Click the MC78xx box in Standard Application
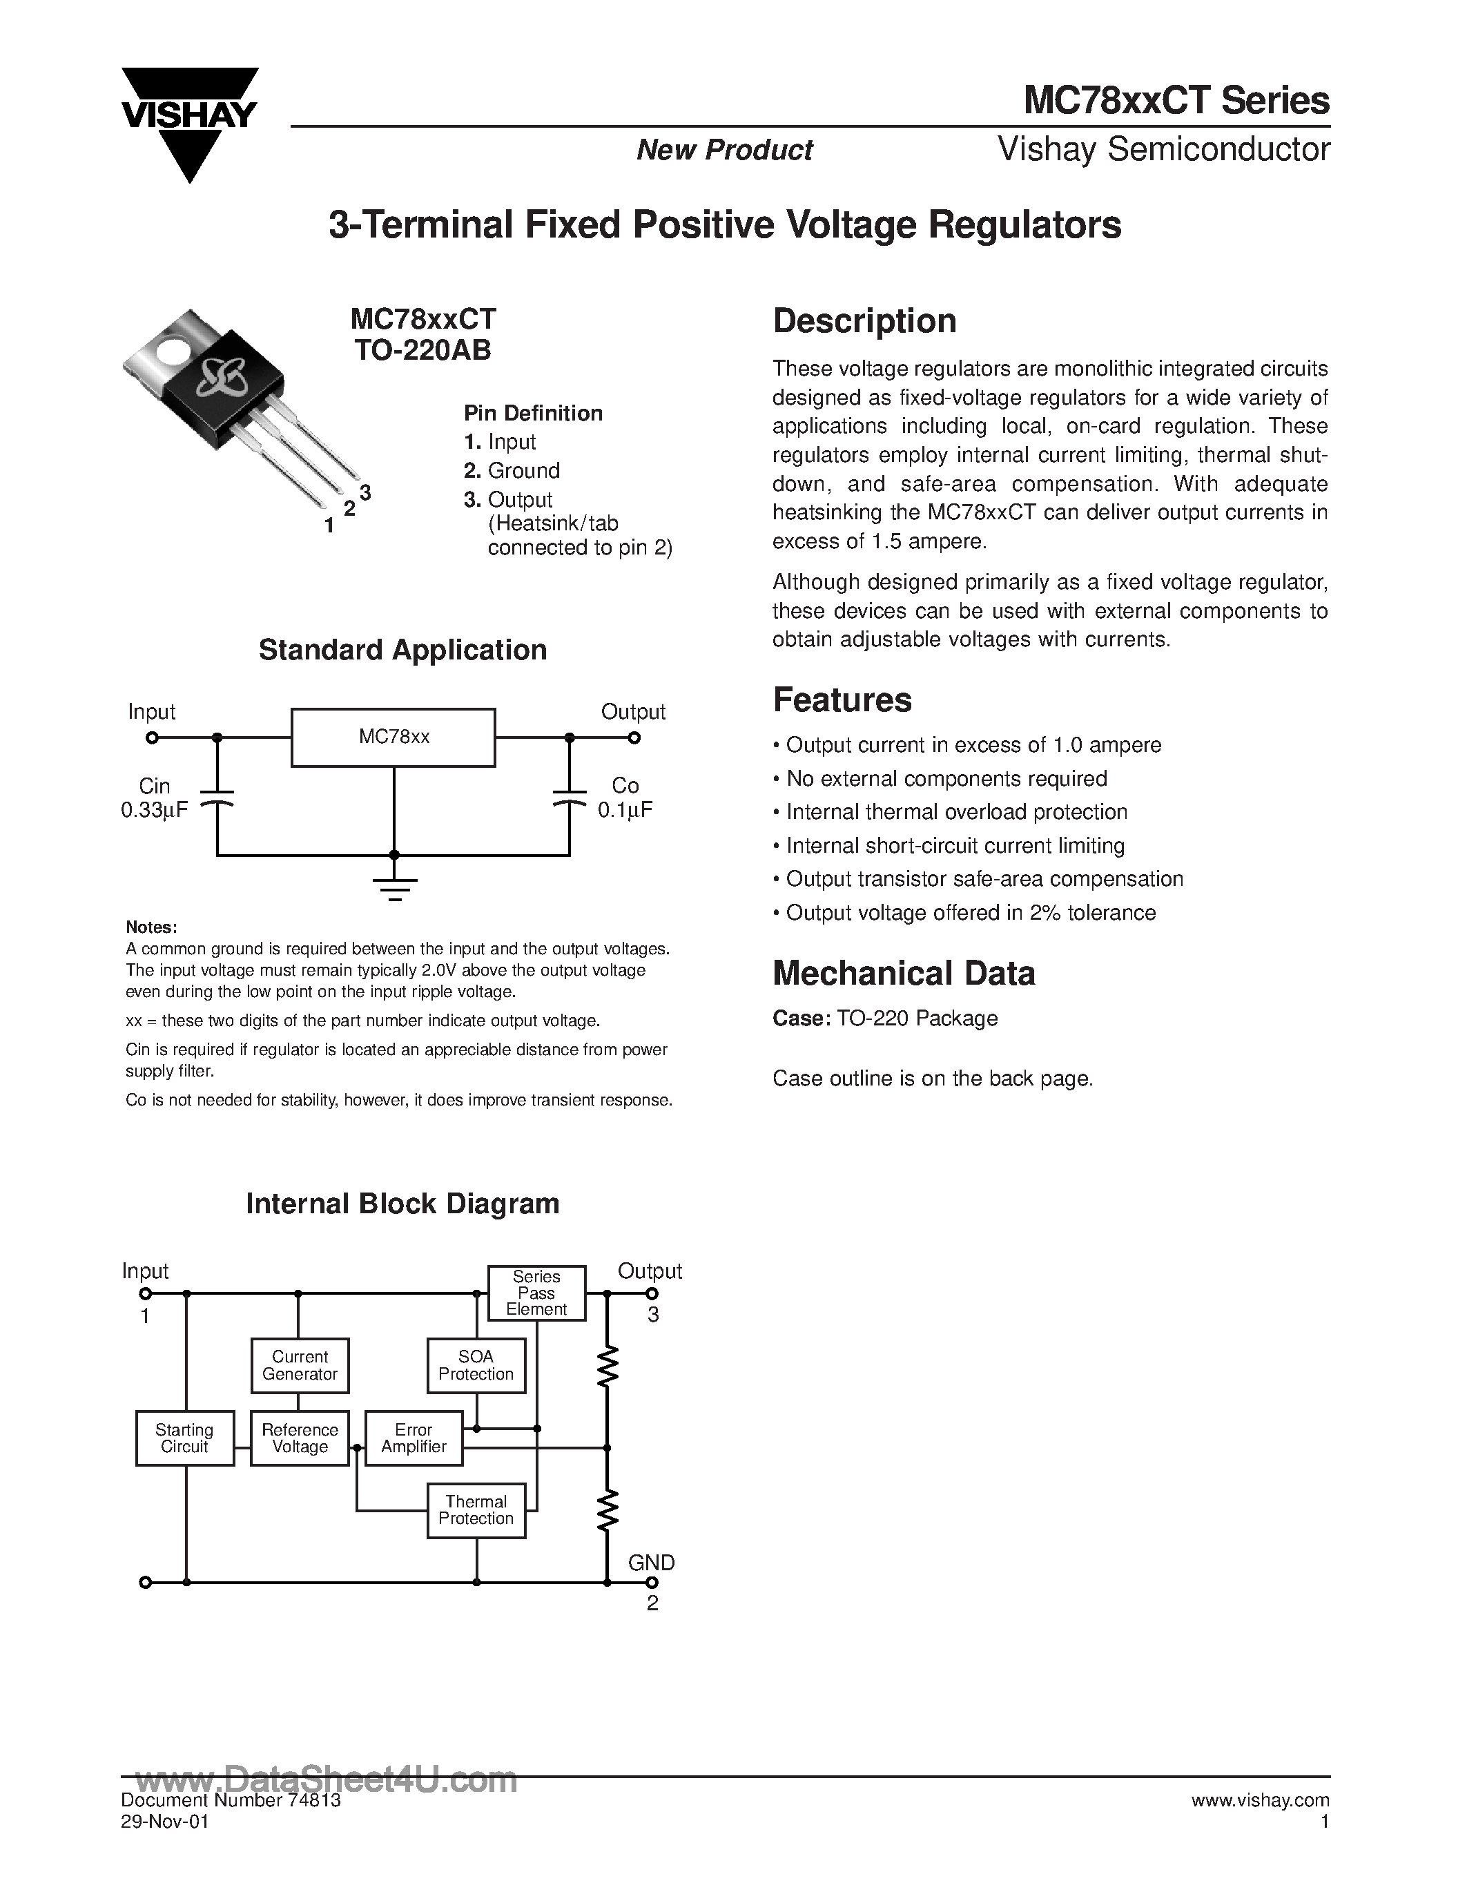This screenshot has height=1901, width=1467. [x=394, y=737]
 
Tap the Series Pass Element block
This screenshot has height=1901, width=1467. [x=536, y=1293]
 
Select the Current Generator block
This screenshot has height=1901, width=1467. [x=300, y=1365]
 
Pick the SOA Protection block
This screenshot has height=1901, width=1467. [x=476, y=1365]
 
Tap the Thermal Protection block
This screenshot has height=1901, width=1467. [x=476, y=1510]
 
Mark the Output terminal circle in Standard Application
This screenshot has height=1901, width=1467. [x=634, y=738]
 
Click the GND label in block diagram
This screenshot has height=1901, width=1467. [x=651, y=1563]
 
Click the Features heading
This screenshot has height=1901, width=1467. [x=842, y=699]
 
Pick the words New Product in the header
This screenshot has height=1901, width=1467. [x=724, y=150]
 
